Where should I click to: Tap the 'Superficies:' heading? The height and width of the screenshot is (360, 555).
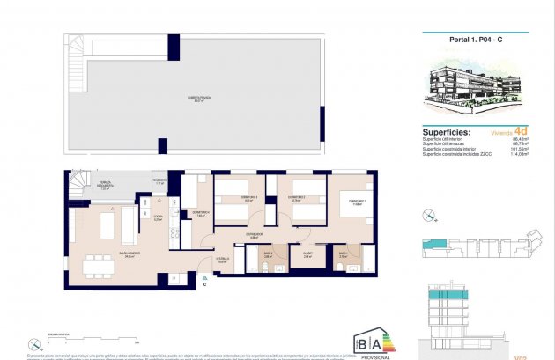tap(447, 132)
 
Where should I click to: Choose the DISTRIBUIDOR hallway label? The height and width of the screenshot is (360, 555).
tap(254, 234)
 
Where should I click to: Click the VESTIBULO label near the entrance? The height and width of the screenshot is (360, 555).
tap(223, 260)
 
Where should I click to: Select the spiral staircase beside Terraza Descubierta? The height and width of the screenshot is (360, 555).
tap(78, 185)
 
